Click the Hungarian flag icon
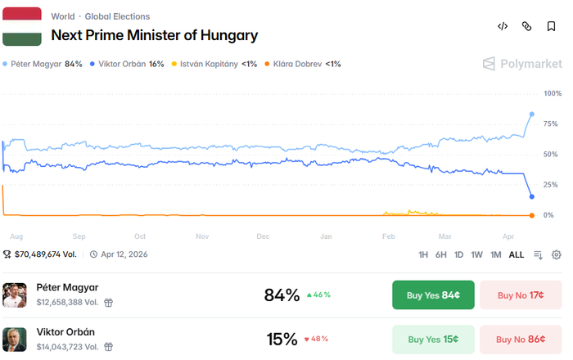(x=22, y=26)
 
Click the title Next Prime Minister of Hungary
(x=154, y=35)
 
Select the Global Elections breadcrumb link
(x=117, y=16)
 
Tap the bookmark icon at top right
(x=552, y=26)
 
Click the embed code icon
(x=503, y=26)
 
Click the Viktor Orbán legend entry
(x=127, y=64)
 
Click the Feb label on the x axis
(x=388, y=236)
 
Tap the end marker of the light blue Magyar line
(x=532, y=114)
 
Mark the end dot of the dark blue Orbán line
(x=532, y=196)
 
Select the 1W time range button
(x=476, y=254)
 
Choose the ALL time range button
(x=517, y=254)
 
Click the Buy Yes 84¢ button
(x=433, y=295)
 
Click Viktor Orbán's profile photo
(x=14, y=339)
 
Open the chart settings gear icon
(x=557, y=254)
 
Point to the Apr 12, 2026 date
(x=124, y=254)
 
